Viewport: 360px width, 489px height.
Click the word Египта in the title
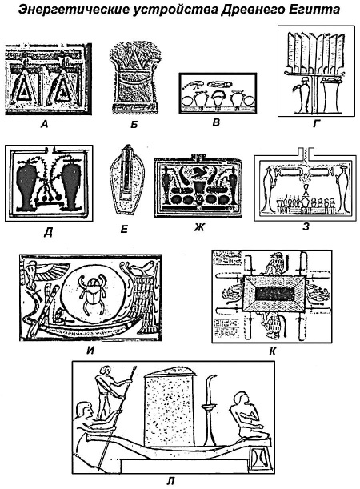pyautogui.click(x=318, y=10)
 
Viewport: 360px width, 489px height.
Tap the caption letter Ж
pyautogui.click(x=199, y=227)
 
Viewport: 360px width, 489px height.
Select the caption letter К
pyautogui.click(x=272, y=351)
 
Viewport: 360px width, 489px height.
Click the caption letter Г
pyautogui.click(x=316, y=124)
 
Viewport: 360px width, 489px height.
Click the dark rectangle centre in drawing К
pyautogui.click(x=274, y=294)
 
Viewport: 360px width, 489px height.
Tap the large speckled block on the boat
pyautogui.click(x=169, y=407)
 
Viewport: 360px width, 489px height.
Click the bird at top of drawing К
pyautogui.click(x=274, y=263)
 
